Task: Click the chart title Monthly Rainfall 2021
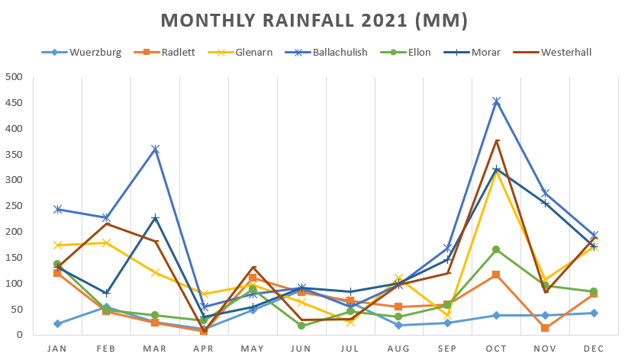(x=314, y=20)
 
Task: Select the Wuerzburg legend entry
(x=90, y=53)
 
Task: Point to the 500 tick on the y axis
(x=13, y=77)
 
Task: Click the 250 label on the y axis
(x=13, y=206)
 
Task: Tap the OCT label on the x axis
(x=496, y=349)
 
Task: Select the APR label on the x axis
(x=204, y=349)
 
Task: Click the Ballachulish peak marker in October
(x=496, y=101)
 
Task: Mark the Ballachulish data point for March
(x=155, y=149)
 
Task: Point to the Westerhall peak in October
(x=496, y=140)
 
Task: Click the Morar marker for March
(x=155, y=218)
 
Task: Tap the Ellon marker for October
(x=496, y=249)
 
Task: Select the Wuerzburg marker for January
(x=57, y=323)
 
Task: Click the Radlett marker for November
(x=545, y=328)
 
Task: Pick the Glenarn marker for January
(x=57, y=245)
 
